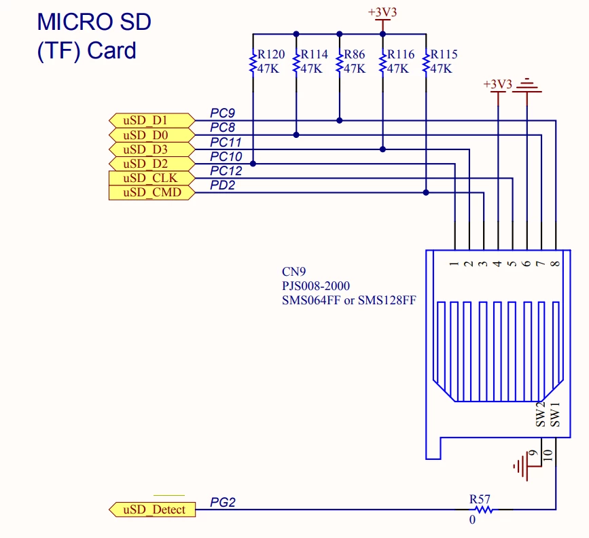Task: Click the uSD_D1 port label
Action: (151, 121)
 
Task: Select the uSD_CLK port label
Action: (151, 178)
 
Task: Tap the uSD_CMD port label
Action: (151, 193)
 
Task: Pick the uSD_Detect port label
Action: (152, 510)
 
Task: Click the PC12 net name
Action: (226, 171)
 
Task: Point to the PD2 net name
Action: (222, 185)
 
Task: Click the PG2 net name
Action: (222, 502)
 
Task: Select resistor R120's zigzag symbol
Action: (253, 63)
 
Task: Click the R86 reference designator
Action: (354, 54)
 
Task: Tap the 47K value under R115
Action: (441, 69)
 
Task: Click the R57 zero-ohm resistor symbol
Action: (484, 510)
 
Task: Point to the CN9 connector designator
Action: (293, 272)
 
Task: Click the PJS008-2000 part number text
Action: (315, 286)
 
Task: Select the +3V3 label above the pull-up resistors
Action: (382, 12)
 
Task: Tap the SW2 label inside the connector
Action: (540, 415)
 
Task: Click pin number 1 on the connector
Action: (454, 264)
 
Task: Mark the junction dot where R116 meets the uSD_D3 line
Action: (382, 149)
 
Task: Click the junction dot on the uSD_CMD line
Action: (426, 193)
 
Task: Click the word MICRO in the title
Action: (75, 22)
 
